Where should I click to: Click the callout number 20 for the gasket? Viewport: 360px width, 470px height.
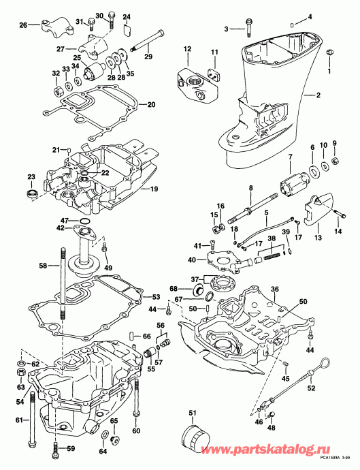pyautogui.click(x=151, y=105)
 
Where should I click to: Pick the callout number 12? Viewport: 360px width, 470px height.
pyautogui.click(x=186, y=48)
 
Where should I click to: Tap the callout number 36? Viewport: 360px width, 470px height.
pyautogui.click(x=275, y=289)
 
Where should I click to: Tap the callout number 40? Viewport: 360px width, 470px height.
pyautogui.click(x=192, y=259)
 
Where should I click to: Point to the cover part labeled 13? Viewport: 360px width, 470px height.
pyautogui.click(x=317, y=209)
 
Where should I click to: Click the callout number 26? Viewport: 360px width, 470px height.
pyautogui.click(x=22, y=25)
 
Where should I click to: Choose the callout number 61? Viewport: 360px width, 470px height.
pyautogui.click(x=19, y=420)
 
